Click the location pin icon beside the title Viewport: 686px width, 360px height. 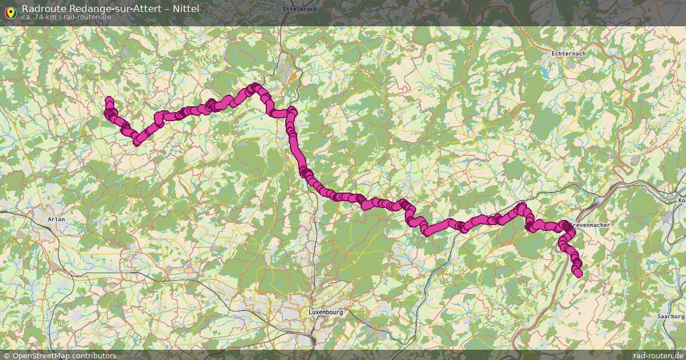(x=10, y=11)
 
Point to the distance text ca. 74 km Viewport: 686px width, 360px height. (x=39, y=17)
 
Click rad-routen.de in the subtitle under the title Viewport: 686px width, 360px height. (x=87, y=17)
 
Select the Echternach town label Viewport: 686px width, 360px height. (x=568, y=53)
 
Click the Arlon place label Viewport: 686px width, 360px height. (x=57, y=219)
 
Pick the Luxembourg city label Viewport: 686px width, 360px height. (x=326, y=312)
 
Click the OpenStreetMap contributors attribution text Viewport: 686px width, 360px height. (x=63, y=355)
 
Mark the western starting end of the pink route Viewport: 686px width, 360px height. (x=109, y=101)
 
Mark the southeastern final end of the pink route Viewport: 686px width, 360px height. (x=579, y=274)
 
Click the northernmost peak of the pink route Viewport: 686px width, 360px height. (x=255, y=87)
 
